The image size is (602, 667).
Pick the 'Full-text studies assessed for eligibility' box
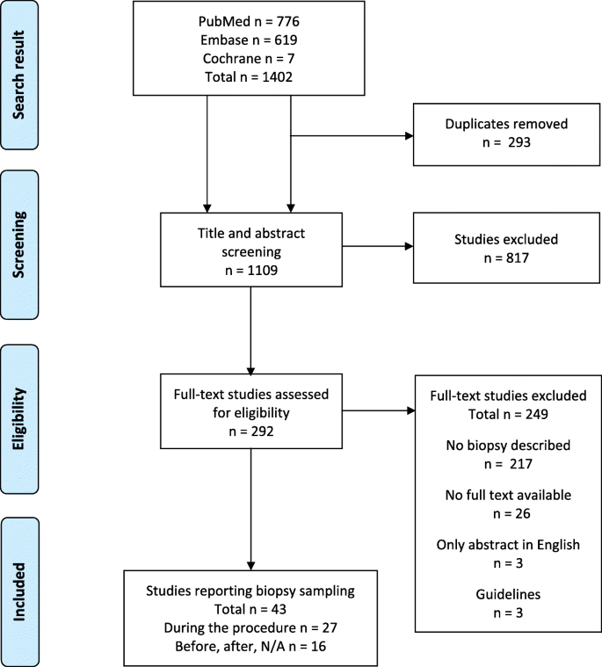pyautogui.click(x=251, y=410)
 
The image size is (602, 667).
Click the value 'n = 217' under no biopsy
pyautogui.click(x=508, y=472)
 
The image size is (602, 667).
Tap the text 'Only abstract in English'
pyautogui.click(x=508, y=544)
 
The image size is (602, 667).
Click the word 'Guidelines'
pyautogui.click(x=508, y=592)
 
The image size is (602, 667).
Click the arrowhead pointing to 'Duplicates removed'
pyautogui.click(x=409, y=136)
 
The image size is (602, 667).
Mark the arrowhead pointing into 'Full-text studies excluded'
pyautogui.click(x=409, y=410)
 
